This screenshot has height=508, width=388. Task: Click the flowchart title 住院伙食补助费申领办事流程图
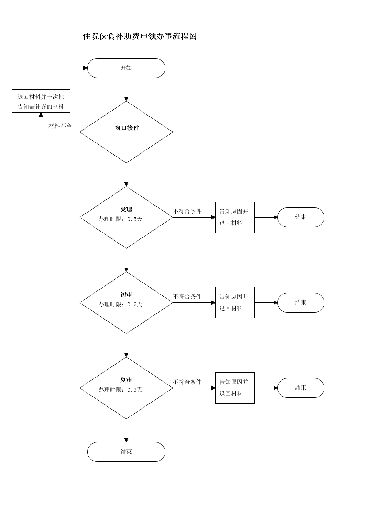140,36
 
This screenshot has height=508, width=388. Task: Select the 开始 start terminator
126,68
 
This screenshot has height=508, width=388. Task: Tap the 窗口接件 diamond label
127,128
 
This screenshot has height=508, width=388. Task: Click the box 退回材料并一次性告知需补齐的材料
41,101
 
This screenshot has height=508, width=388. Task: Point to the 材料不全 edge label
60,126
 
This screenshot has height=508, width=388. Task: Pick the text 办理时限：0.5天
120,219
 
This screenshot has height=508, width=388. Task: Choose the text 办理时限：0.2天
120,304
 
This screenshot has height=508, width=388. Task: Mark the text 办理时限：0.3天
120,390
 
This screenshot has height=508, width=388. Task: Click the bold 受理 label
126,209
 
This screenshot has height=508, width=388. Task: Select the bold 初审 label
126,295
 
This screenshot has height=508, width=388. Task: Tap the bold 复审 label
126,380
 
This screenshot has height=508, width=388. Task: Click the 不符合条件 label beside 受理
187,211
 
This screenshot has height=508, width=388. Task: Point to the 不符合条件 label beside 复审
187,382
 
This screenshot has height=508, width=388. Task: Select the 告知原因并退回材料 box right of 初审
235,303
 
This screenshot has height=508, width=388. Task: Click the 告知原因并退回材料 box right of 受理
235,217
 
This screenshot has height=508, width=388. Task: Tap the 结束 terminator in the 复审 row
301,388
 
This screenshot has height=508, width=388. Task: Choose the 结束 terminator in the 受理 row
301,217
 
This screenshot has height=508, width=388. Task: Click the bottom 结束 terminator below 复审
126,452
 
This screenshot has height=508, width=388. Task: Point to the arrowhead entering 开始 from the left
85,68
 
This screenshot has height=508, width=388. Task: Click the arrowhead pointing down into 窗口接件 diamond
126,99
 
